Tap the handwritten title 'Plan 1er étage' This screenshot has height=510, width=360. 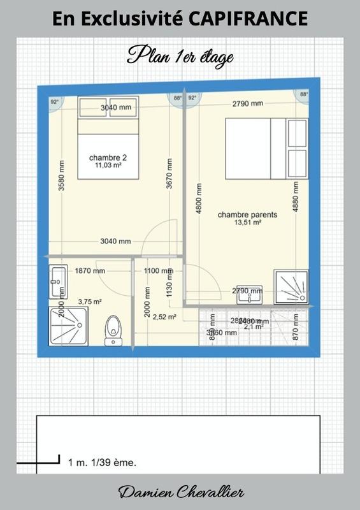(x=180, y=56)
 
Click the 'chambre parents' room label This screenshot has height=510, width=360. (x=247, y=215)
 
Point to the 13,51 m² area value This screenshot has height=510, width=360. (x=247, y=223)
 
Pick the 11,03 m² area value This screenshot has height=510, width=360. (x=107, y=165)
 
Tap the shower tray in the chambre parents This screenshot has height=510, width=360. (x=291, y=286)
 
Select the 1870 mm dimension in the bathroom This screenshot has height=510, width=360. (x=90, y=270)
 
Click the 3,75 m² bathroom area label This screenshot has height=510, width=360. (x=90, y=302)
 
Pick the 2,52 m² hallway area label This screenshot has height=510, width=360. (x=164, y=316)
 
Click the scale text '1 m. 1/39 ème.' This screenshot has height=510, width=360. (x=102, y=462)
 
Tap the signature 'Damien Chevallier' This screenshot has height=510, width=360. (x=180, y=493)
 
